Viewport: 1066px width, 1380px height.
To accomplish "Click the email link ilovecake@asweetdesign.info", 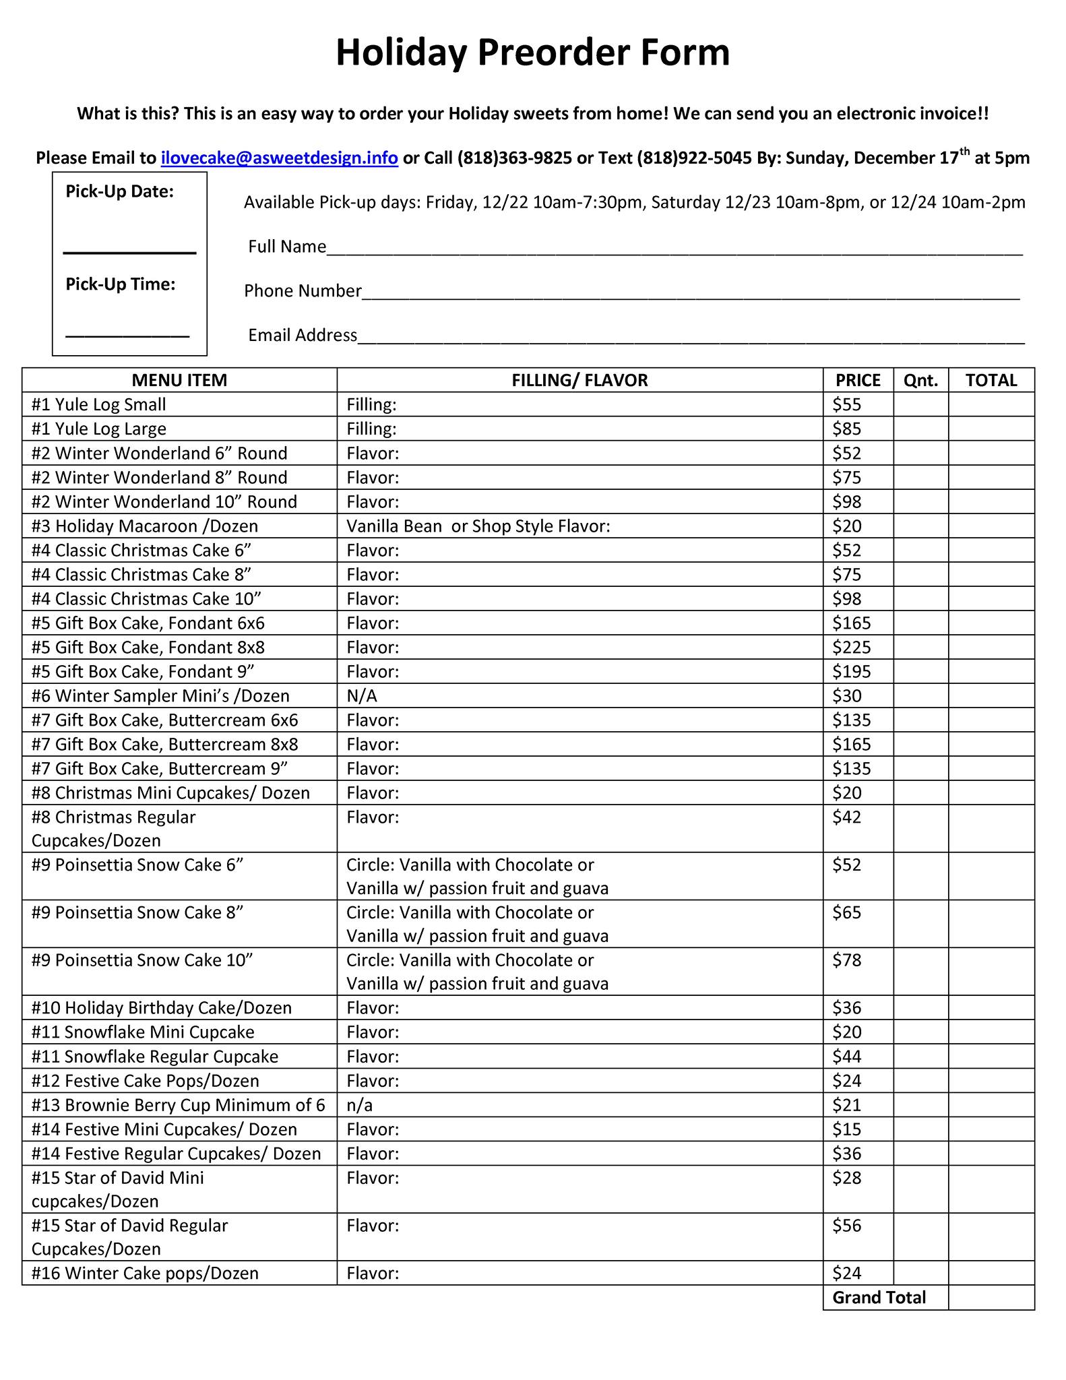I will (x=279, y=158).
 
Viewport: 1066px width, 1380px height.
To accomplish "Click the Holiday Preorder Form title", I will (x=532, y=53).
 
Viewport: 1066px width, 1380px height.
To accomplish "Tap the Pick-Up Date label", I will (x=119, y=192).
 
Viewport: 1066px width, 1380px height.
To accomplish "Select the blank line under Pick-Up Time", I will (x=127, y=334).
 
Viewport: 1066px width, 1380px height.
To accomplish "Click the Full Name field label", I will (x=287, y=247).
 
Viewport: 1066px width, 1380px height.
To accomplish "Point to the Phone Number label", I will (x=303, y=291).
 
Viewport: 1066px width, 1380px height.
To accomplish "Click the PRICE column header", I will (x=858, y=381).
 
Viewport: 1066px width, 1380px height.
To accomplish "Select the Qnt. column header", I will (x=920, y=381).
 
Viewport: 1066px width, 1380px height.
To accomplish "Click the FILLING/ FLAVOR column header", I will (x=579, y=381).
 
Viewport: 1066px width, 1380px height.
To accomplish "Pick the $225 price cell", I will (x=852, y=648).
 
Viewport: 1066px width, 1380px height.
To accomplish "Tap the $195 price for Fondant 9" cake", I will (x=852, y=672).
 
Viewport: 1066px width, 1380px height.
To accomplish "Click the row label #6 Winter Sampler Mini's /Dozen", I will (x=160, y=696).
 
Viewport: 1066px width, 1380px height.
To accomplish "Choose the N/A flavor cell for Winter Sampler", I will (x=362, y=696).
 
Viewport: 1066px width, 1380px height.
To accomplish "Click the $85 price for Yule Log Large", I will (x=847, y=429).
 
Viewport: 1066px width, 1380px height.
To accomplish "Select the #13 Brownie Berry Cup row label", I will (x=178, y=1105).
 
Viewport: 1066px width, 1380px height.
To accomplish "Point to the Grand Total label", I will (x=879, y=1298).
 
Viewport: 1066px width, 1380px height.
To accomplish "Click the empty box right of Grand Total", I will (x=991, y=1298).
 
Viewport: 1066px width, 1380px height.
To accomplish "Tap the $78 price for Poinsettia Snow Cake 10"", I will (x=847, y=960).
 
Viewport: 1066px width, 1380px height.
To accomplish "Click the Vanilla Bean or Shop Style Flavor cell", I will (x=478, y=526).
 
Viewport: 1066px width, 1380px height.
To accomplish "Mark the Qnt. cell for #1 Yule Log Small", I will (x=920, y=405).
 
